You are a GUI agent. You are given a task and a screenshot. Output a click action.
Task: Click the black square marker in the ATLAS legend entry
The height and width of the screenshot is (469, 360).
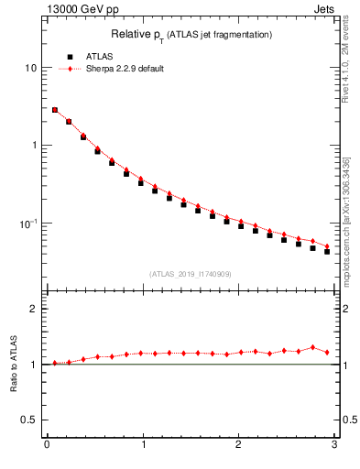pyautogui.click(x=69, y=57)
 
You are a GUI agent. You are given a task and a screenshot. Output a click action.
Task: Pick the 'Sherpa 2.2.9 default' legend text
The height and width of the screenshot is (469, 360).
pyautogui.click(x=125, y=69)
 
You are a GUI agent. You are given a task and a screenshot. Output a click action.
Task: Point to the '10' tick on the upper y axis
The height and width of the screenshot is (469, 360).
pyautogui.click(x=31, y=69)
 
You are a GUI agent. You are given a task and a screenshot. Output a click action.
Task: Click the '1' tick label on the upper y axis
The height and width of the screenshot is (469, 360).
pyautogui.click(x=34, y=146)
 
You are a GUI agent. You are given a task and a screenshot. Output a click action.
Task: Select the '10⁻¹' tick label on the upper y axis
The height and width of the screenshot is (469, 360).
pyautogui.click(x=29, y=223)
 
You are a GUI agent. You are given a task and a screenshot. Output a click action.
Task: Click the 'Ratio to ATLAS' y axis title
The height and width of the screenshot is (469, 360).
pyautogui.click(x=13, y=365)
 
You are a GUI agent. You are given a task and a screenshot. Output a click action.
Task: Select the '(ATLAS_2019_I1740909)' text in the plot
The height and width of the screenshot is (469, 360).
pyautogui.click(x=189, y=274)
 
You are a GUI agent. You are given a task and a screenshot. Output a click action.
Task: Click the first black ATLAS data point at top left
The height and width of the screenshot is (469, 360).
pyautogui.click(x=55, y=110)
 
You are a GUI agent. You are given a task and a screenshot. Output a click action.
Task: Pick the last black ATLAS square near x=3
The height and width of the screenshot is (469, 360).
pyautogui.click(x=327, y=251)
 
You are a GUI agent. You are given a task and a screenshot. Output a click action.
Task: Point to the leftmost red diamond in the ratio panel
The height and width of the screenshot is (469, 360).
pyautogui.click(x=55, y=363)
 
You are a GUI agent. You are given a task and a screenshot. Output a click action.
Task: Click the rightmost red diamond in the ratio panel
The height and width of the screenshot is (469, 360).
pyautogui.click(x=327, y=352)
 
